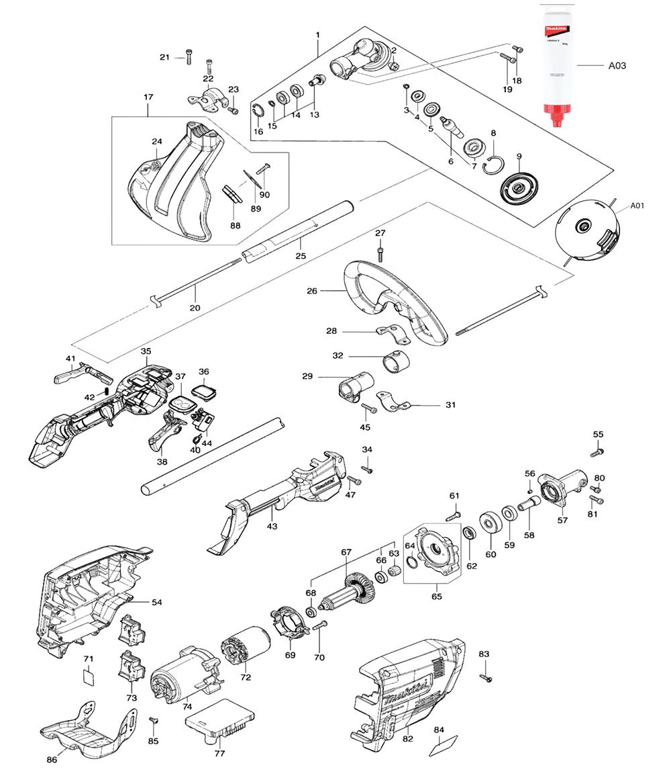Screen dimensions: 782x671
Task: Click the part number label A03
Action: point(617,66)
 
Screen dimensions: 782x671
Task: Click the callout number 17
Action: point(148,97)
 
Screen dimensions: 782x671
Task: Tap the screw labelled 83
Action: point(486,678)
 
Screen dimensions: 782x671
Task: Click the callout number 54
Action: point(156,603)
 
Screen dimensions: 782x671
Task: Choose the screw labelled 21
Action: point(187,56)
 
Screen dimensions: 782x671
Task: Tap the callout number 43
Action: point(272,526)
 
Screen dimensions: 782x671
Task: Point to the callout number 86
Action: point(52,759)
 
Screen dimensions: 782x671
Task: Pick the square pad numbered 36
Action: point(203,390)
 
